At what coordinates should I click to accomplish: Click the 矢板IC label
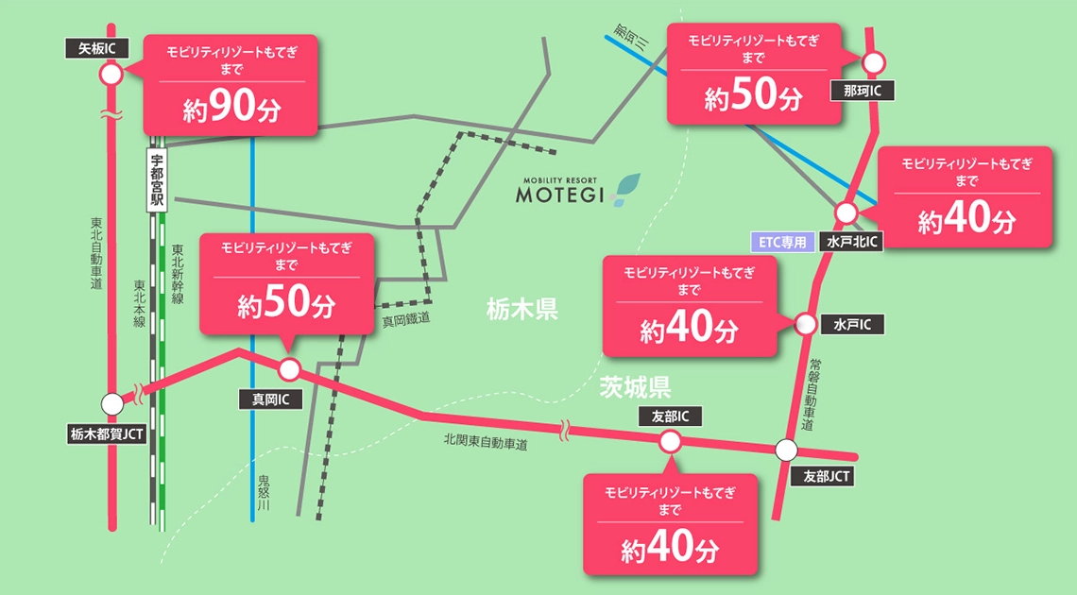coord(97,48)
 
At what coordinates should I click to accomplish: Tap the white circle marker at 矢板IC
coord(111,75)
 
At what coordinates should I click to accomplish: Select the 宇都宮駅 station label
coord(157,179)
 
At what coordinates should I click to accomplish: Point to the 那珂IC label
coord(862,91)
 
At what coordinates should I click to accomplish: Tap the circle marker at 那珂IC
coord(874,63)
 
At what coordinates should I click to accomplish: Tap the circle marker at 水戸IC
coord(806,324)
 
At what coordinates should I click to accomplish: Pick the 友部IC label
coord(670,416)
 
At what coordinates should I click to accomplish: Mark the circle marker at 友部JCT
coord(786,450)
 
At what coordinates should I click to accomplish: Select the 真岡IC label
coord(270,399)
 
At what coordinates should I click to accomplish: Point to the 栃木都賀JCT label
coord(107,434)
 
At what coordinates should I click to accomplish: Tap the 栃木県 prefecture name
coord(522,309)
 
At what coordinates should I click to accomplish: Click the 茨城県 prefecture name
coord(634,385)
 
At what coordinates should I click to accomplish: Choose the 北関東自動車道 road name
coord(486,440)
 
